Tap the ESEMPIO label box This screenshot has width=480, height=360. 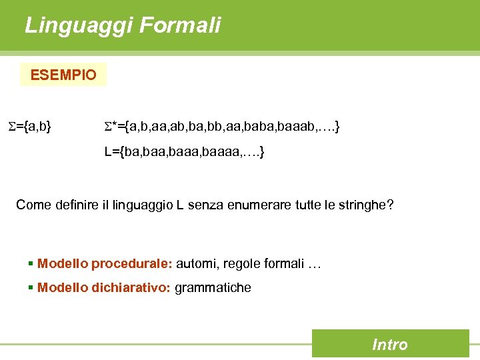pos(63,75)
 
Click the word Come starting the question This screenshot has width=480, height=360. pos(33,204)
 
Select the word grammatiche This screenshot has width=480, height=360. pos(213,287)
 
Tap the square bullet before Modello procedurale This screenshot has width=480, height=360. pos(31,263)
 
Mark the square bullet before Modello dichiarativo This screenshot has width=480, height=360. pos(31,287)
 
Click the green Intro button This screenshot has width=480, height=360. pos(390,344)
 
